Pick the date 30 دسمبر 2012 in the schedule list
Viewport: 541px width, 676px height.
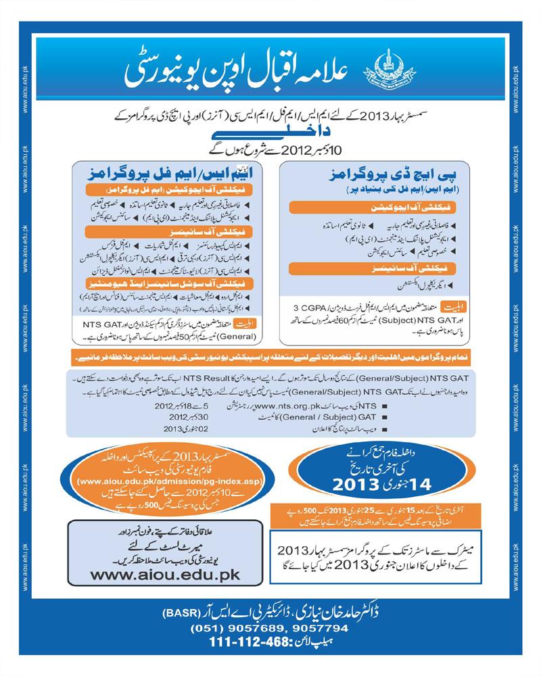tap(161, 417)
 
